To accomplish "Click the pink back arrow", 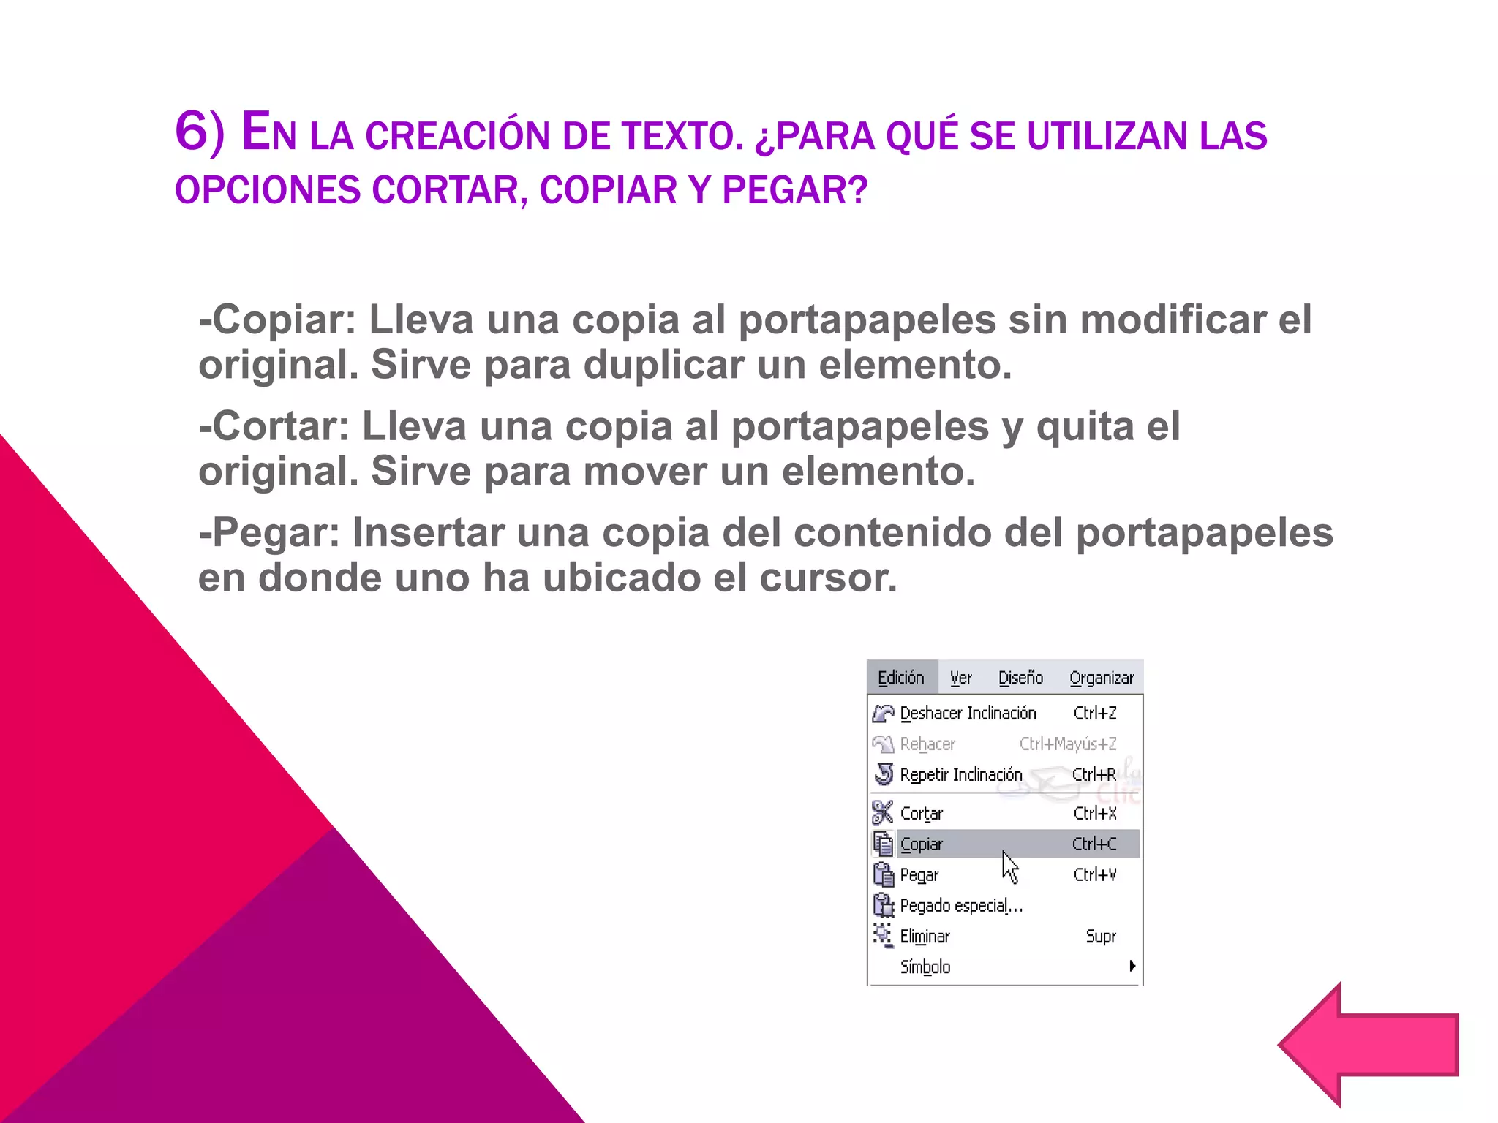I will click(1368, 1046).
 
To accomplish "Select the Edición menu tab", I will click(900, 678).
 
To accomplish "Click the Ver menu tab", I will click(960, 678).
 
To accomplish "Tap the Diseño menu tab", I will click(1020, 678).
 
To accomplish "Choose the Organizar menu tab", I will click(1101, 678).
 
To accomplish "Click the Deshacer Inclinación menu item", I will click(968, 713).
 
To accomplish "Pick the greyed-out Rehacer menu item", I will click(927, 744).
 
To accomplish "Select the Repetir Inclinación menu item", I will click(960, 774).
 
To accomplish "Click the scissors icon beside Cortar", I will click(883, 812).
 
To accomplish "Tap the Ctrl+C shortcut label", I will click(1094, 844).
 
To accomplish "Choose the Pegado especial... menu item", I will click(960, 905).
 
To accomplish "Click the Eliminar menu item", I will click(925, 936).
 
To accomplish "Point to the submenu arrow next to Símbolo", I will click(1132, 966).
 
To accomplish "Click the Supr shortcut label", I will click(1101, 936).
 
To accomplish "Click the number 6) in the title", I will click(199, 132).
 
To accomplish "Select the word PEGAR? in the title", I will click(794, 190).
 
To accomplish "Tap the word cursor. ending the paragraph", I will click(827, 578).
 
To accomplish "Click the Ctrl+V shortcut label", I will click(1094, 874).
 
